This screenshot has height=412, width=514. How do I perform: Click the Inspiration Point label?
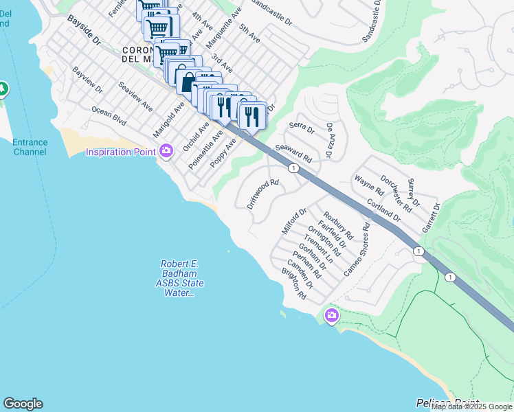pyautogui.click(x=119, y=152)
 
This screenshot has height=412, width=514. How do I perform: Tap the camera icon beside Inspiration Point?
pyautogui.click(x=165, y=151)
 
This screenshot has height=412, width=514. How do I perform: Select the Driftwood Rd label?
pyautogui.click(x=262, y=194)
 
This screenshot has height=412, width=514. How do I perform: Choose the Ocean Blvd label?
pyautogui.click(x=109, y=116)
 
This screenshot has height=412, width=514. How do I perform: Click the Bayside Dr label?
pyautogui.click(x=84, y=32)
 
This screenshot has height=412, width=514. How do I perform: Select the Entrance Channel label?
pyautogui.click(x=30, y=147)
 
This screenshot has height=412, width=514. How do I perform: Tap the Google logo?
pyautogui.click(x=23, y=404)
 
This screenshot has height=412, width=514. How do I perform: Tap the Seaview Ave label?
pyautogui.click(x=135, y=97)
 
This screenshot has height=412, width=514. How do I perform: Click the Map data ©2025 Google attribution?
pyautogui.click(x=471, y=407)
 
